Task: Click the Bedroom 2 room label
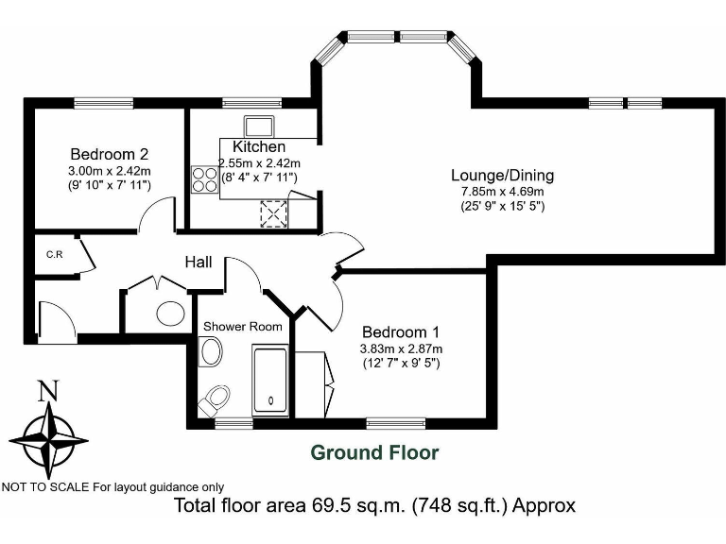coord(109,154)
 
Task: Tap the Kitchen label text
coord(259,146)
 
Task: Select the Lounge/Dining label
coord(502,175)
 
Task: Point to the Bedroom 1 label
coord(401,331)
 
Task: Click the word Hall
coord(198,262)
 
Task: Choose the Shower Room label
coord(242,327)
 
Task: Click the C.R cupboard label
coord(54,254)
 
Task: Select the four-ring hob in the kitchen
coord(204,178)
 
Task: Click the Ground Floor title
coord(375,452)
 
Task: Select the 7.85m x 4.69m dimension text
coord(502,192)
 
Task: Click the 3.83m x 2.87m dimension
coord(401,348)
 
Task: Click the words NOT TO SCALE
coord(43,487)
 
